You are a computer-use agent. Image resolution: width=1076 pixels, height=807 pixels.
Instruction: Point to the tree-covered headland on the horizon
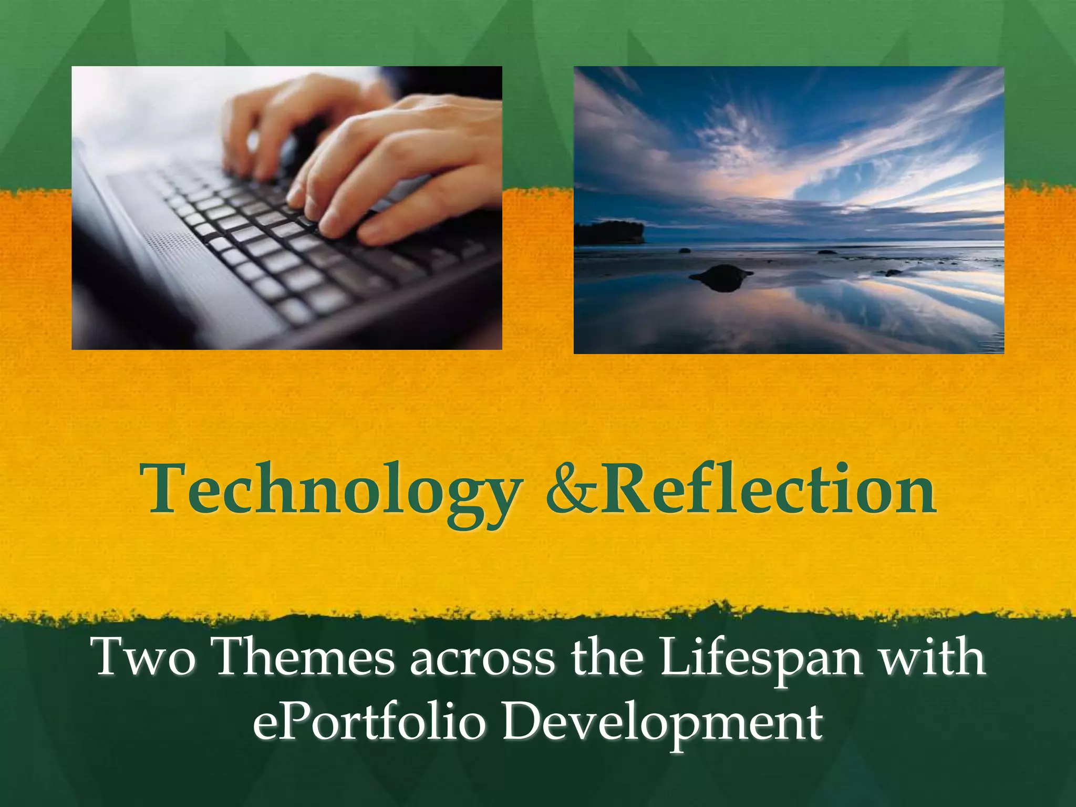coord(609,232)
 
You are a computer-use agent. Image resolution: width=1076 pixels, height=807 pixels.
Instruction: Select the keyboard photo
coord(287,208)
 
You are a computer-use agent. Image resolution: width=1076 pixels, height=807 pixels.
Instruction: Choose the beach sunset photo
coord(789,210)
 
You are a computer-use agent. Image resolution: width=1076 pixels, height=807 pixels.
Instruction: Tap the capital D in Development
coord(525,722)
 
